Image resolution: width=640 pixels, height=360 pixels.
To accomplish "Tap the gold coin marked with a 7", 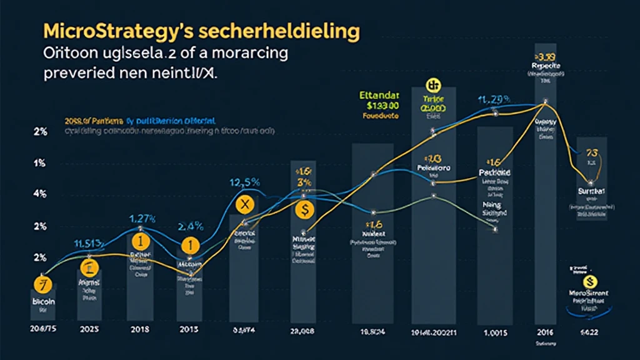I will tap(41, 284).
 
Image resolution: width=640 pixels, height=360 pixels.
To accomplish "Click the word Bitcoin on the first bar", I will tap(43, 301).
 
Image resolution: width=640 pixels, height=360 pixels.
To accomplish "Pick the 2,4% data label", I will tap(191, 226).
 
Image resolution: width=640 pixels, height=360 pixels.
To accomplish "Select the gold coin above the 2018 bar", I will tap(141, 241).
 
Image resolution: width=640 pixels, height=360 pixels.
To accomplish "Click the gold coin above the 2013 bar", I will tap(187, 247).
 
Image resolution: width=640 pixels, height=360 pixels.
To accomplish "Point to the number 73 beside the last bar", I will tap(591, 153).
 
